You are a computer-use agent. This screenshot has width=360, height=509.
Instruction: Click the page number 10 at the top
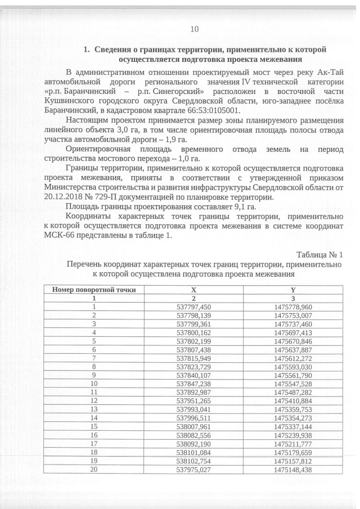point(195,29)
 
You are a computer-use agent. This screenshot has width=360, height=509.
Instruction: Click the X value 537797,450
point(193,307)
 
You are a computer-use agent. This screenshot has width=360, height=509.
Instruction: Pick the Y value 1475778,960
point(292,307)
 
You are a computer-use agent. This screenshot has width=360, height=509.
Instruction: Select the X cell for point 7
point(193,358)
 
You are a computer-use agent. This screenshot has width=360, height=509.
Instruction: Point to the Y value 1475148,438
point(292,469)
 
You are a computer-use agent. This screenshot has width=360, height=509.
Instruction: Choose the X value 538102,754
point(193,460)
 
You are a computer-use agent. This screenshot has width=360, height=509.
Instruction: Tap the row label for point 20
point(94,469)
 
